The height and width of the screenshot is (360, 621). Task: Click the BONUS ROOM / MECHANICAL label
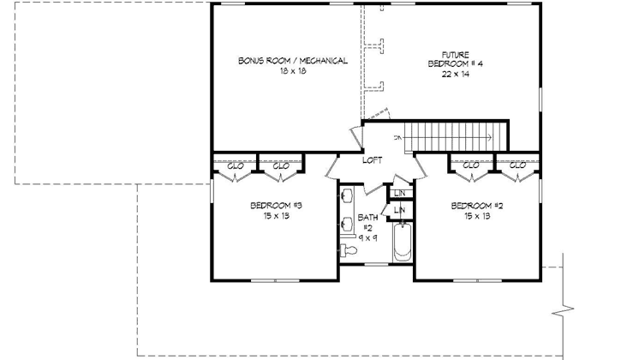pyautogui.click(x=292, y=61)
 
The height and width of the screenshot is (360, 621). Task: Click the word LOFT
pyautogui.click(x=372, y=160)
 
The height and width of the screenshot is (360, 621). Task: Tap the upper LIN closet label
pyautogui.click(x=400, y=194)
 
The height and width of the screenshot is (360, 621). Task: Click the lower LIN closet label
pyautogui.click(x=400, y=210)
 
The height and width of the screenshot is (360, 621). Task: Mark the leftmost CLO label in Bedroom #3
pyautogui.click(x=234, y=165)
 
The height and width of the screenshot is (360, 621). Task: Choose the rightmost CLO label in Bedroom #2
pyautogui.click(x=517, y=165)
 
